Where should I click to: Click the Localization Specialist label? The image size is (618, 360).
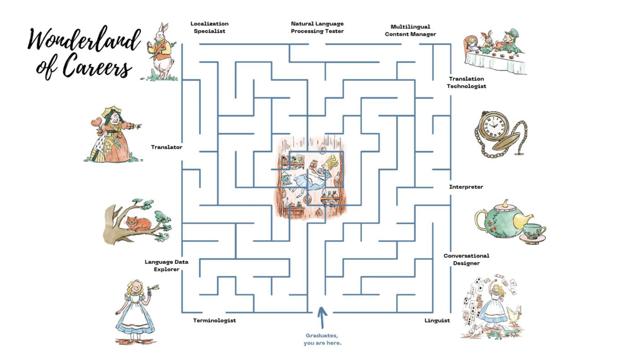(x=209, y=27)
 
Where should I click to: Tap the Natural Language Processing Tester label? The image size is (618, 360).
(x=317, y=27)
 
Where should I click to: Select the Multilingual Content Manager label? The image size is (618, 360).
(x=410, y=30)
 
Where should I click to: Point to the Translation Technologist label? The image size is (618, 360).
(x=466, y=82)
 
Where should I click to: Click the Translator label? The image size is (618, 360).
(x=167, y=147)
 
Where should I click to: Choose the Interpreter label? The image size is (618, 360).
(x=466, y=187)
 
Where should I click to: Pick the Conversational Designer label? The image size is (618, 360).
(x=466, y=259)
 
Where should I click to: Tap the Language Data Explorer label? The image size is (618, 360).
(x=167, y=265)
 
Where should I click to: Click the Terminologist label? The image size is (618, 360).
(x=214, y=320)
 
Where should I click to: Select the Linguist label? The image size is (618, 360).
(x=437, y=320)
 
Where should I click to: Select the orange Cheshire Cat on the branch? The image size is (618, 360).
(x=138, y=224)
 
